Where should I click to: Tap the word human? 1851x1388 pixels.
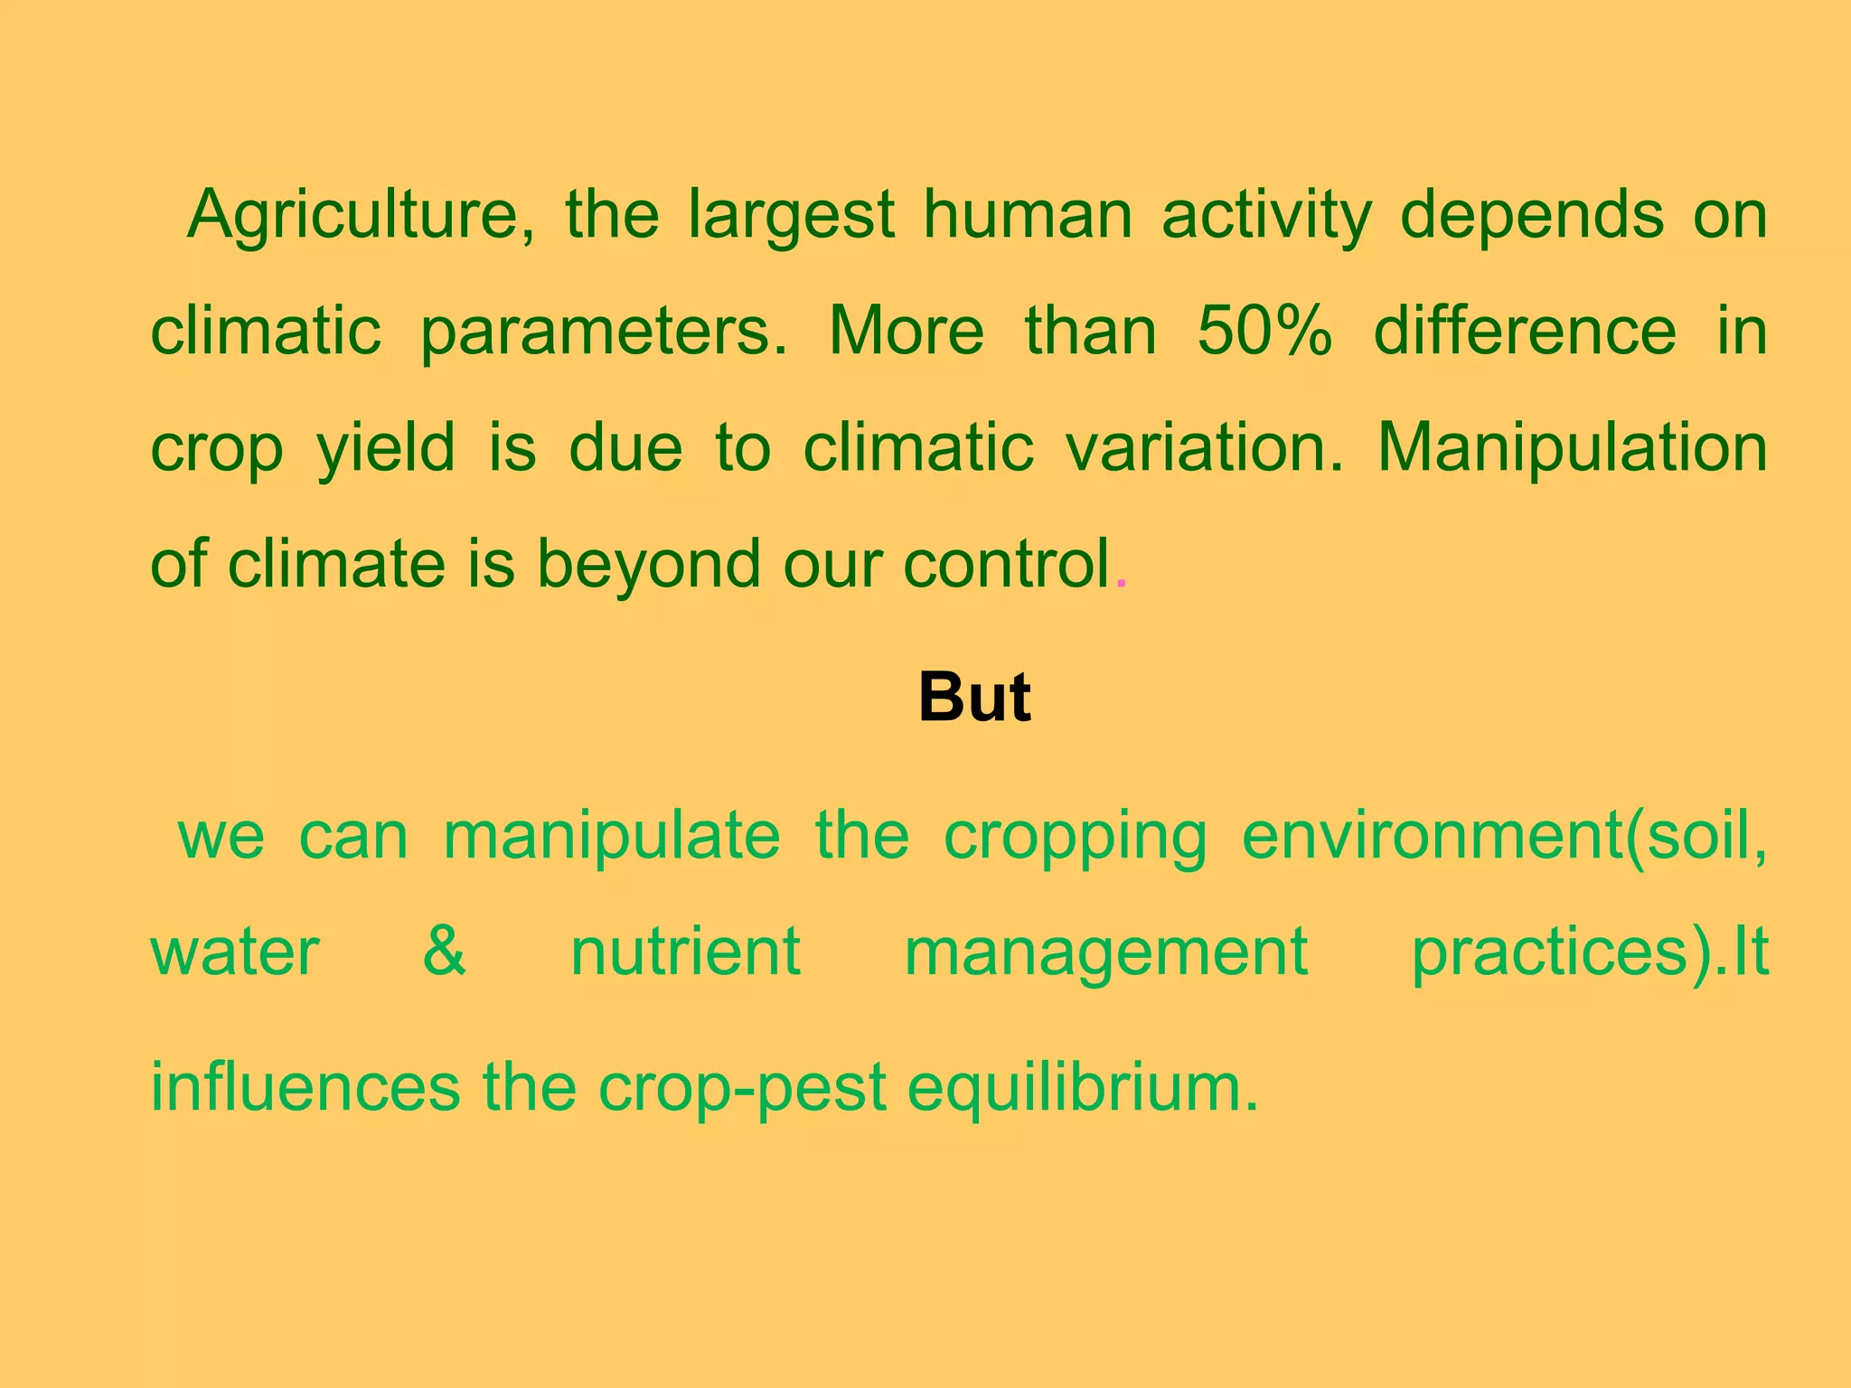pyautogui.click(x=1027, y=215)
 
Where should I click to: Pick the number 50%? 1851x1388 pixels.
pyautogui.click(x=1264, y=331)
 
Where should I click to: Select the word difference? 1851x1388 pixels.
pyautogui.click(x=1525, y=331)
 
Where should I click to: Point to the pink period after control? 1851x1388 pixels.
pyautogui.click(x=1122, y=584)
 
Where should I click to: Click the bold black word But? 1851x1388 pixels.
pyautogui.click(x=974, y=698)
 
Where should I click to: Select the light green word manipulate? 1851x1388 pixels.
pyautogui.click(x=612, y=837)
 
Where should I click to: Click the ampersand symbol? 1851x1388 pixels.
pyautogui.click(x=445, y=952)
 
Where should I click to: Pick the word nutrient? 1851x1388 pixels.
pyautogui.click(x=685, y=952)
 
